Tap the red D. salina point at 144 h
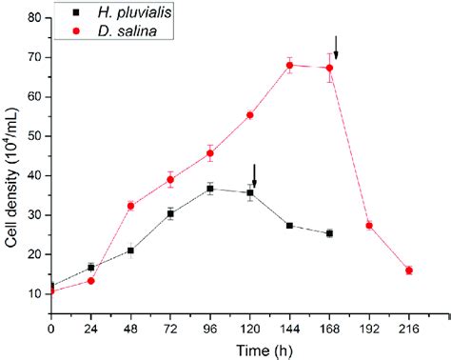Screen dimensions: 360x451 coord(288,65)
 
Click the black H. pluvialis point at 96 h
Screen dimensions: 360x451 coord(209,189)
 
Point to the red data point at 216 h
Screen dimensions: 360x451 coord(408,270)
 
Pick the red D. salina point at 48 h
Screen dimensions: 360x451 coord(130,206)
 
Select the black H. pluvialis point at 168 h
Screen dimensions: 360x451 coord(329,233)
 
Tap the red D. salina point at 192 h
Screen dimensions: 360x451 coord(368,226)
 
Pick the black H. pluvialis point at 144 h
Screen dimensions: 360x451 coord(288,226)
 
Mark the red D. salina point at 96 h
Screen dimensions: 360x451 coord(209,153)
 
